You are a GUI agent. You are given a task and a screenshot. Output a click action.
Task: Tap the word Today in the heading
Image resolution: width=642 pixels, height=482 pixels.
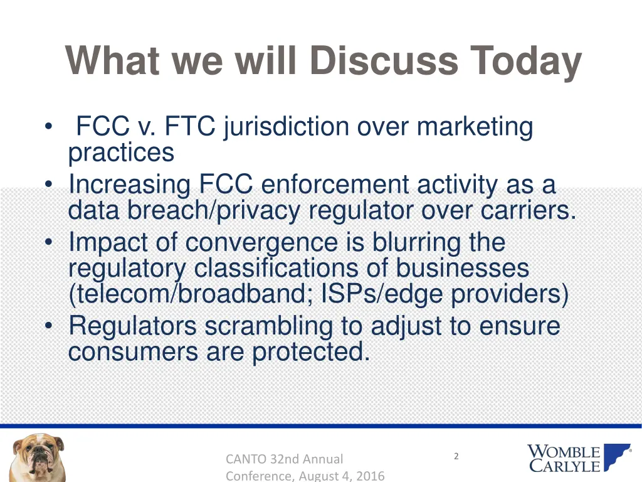[527, 61]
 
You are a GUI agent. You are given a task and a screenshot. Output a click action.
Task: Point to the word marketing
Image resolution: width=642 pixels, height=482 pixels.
[475, 127]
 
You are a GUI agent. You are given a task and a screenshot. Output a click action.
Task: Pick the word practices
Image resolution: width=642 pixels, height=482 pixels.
[121, 152]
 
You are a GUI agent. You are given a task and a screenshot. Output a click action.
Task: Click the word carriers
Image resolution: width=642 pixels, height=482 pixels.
[528, 210]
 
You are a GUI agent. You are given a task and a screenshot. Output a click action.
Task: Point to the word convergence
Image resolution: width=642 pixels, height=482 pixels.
[261, 242]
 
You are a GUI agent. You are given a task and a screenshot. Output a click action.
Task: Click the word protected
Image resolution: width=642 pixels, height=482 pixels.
[310, 352]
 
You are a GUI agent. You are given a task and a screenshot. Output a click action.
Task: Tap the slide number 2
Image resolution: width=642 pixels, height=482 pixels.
[456, 456]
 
